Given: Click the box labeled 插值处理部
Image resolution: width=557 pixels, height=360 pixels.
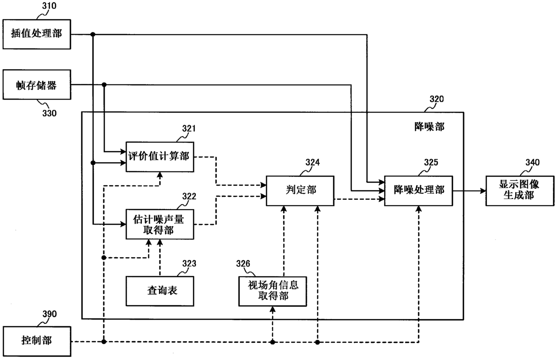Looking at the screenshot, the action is (37, 34).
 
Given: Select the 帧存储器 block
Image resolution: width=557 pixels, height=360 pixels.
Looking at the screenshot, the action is (37, 85).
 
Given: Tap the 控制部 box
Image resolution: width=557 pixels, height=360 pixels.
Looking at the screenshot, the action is (37, 341).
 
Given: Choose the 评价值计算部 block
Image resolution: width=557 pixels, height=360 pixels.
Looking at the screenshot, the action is (160, 157).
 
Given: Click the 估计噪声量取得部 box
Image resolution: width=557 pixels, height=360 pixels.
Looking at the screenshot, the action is (160, 224).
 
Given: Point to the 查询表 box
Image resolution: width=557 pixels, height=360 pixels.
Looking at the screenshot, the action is (160, 291).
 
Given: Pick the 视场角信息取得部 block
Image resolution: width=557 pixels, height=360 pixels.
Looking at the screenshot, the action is (273, 291).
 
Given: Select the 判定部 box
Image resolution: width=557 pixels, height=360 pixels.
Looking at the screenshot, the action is (300, 191).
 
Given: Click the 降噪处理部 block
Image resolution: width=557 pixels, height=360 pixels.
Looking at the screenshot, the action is (419, 191).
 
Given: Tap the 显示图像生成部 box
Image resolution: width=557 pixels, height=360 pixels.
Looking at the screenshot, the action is (520, 191).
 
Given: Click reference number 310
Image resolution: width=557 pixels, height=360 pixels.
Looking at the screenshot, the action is (49, 6).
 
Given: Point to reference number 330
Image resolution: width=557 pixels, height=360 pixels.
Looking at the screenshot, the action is (49, 113).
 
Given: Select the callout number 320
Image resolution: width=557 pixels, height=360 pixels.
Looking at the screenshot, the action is (437, 99).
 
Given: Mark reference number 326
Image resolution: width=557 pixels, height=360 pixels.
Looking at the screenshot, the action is (243, 263).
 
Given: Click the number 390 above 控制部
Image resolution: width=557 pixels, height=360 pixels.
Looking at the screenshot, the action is (49, 314).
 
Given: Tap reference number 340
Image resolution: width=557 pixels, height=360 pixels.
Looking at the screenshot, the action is (532, 162).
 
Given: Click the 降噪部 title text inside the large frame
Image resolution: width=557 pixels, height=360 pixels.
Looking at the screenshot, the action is (429, 127).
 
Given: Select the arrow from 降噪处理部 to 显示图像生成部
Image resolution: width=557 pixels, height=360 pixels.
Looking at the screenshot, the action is (469, 191).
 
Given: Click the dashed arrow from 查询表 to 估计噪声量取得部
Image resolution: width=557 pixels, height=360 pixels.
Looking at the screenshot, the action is (160, 258).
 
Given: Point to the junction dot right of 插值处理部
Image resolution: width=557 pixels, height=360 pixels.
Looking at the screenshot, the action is (93, 34).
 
